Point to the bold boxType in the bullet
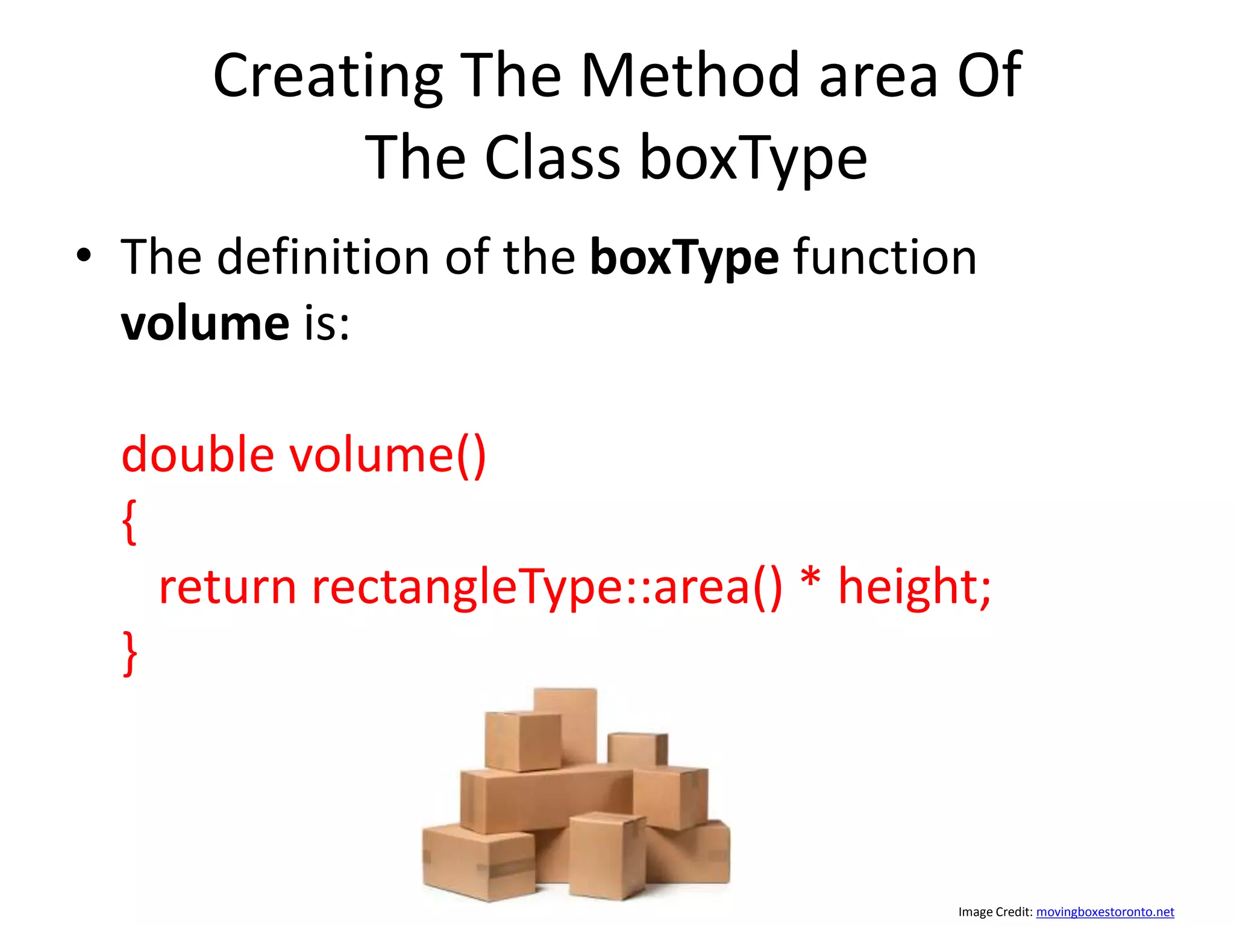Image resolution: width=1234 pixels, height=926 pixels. pos(684,258)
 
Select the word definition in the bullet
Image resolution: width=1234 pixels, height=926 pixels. pos(323,257)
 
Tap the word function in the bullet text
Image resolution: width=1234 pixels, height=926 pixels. pos(885,257)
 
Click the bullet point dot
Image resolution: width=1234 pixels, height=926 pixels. pos(84,256)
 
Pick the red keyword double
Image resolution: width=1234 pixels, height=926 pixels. pos(198,455)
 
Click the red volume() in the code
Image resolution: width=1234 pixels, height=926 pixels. pos(388,455)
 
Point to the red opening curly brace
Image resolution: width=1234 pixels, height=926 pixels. pos(130,521)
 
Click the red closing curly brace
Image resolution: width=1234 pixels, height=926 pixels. pos(130,654)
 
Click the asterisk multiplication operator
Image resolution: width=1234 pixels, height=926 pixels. pos(810,580)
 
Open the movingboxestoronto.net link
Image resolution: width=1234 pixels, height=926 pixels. pos(1104,912)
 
